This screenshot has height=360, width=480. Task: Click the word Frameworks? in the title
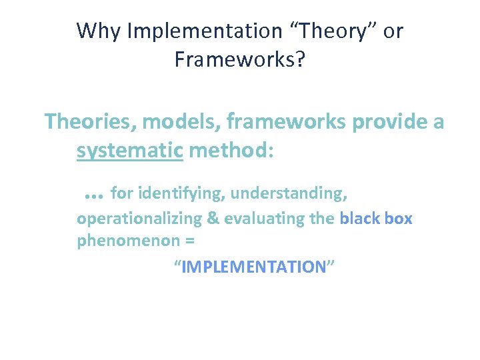[240, 59]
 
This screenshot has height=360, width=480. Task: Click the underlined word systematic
[129, 151]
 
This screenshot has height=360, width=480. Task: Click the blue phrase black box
[376, 219]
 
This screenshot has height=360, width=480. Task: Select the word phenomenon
[119, 241]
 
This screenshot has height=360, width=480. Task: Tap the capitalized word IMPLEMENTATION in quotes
[253, 267]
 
